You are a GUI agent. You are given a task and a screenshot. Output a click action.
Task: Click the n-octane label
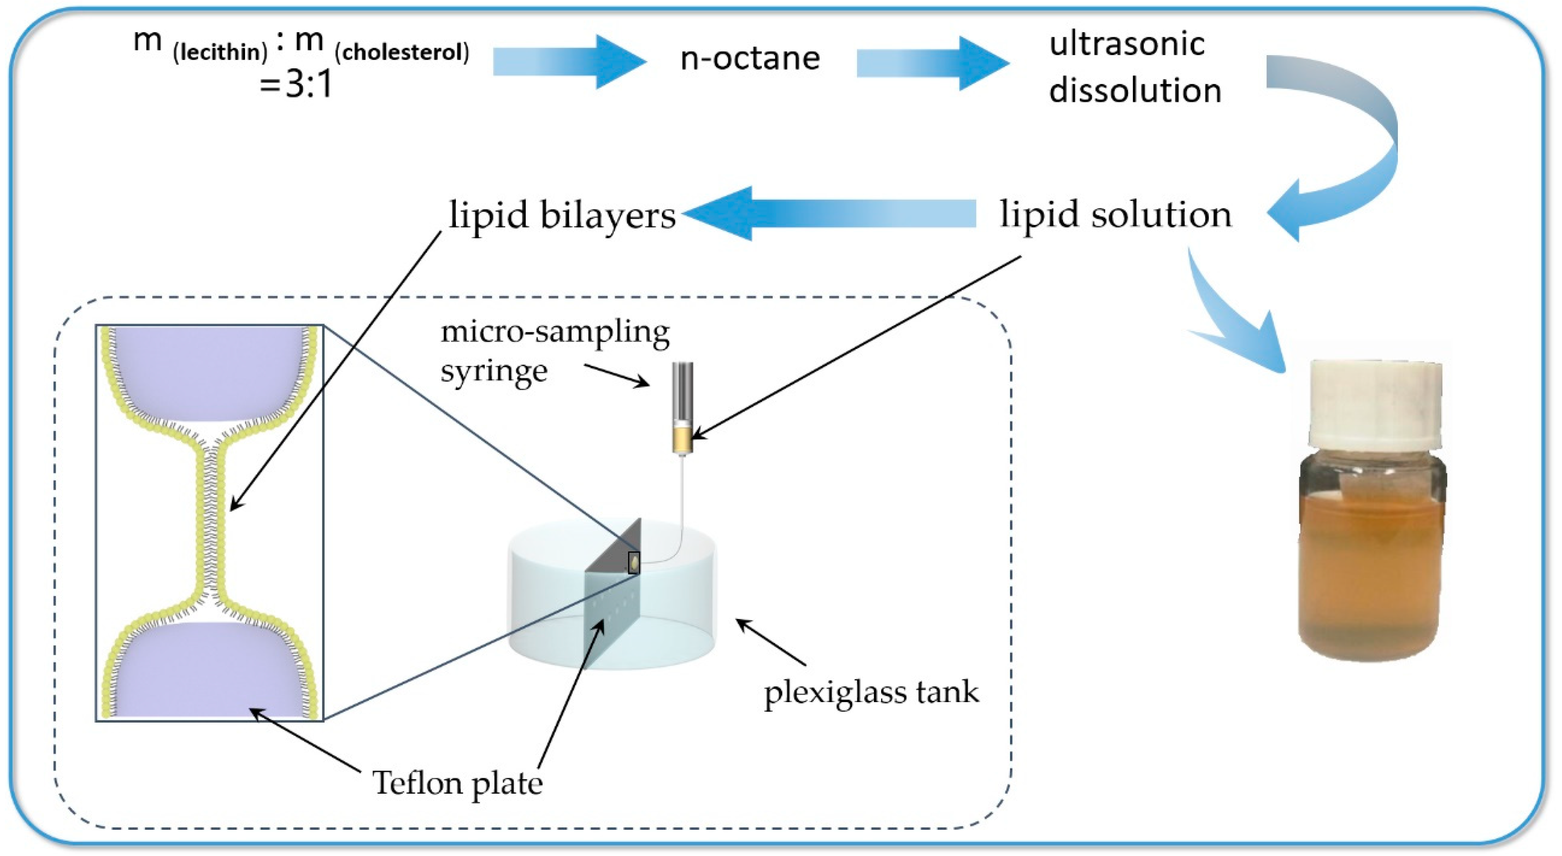point(750,59)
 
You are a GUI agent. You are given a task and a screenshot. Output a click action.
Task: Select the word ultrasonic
point(1127,44)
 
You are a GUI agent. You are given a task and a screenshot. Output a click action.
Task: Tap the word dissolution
point(1135,91)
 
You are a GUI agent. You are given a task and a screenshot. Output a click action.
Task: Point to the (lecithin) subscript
point(220,53)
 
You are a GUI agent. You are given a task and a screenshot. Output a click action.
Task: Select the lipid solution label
point(1116,215)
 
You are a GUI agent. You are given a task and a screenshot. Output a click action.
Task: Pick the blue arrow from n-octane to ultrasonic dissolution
point(931,63)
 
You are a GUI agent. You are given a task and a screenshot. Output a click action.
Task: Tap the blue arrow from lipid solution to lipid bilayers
point(831,213)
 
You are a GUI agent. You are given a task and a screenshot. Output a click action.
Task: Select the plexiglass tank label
point(871,692)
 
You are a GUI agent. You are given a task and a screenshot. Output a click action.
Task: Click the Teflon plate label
point(457,782)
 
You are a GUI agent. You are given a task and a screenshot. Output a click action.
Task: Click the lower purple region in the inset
point(209,670)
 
